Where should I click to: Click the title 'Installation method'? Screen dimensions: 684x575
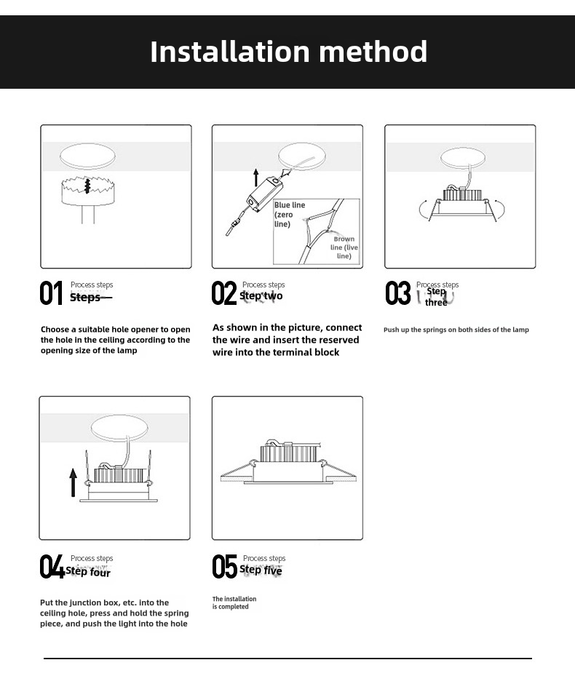(288, 52)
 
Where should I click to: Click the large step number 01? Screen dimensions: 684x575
(51, 293)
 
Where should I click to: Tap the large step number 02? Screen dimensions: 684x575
(223, 293)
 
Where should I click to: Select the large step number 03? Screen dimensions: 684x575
(398, 293)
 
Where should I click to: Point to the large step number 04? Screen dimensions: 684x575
(52, 567)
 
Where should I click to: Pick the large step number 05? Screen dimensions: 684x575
(224, 567)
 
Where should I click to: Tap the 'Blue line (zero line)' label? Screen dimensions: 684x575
(289, 215)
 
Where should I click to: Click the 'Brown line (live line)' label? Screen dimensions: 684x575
(344, 247)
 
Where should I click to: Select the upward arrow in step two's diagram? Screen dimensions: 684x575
(256, 177)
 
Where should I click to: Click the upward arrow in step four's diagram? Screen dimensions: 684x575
(73, 482)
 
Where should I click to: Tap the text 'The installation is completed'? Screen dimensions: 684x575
(234, 603)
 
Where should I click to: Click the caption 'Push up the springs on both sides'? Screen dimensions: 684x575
(456, 330)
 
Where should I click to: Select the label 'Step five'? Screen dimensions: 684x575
(261, 570)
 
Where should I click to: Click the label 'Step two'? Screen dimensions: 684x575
(261, 296)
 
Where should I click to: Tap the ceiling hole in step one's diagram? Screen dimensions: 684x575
(87, 155)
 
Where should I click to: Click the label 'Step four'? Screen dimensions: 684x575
(88, 573)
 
